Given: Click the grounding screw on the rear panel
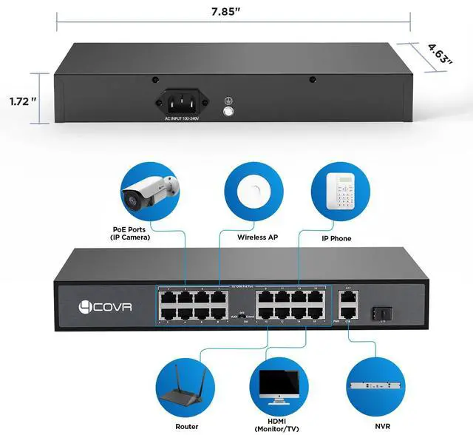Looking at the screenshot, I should pyautogui.click(x=228, y=112).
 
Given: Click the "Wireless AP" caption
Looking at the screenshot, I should pyautogui.click(x=257, y=238).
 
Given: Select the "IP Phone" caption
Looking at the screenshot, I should pyautogui.click(x=336, y=238).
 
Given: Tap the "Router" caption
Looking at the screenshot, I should pyautogui.click(x=187, y=427).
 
